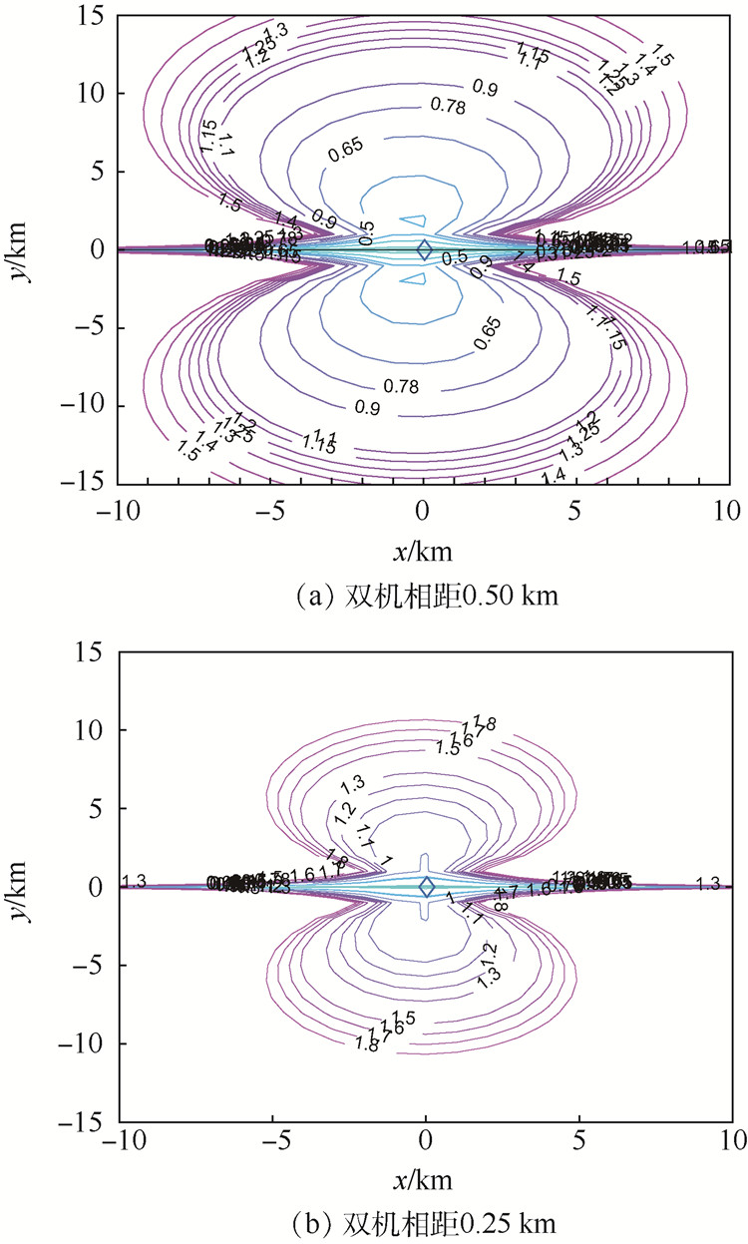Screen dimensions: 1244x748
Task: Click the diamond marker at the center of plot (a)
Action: point(424,249)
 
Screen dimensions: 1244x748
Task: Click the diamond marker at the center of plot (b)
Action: point(427,886)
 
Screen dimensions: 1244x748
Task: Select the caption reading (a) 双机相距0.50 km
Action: point(423,598)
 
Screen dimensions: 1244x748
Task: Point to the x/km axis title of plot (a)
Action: point(424,552)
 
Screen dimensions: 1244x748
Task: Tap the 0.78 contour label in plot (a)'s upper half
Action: point(421,105)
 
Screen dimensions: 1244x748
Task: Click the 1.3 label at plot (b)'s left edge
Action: point(135,881)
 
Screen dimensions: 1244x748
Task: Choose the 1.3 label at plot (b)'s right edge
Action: point(708,884)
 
